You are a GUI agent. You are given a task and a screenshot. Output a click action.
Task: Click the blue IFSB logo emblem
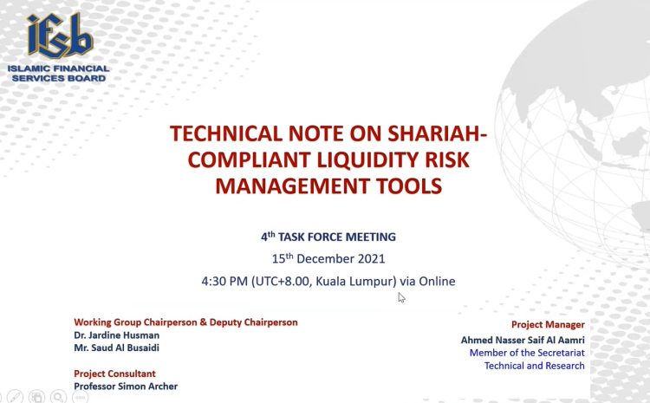(x=60, y=36)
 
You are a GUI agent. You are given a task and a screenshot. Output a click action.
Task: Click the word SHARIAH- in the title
(x=437, y=133)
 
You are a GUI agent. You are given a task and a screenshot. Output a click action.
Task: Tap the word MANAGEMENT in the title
(x=292, y=185)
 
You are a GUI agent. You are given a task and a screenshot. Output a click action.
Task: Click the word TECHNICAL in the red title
(x=225, y=133)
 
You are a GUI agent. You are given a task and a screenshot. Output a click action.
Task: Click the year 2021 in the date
(x=372, y=259)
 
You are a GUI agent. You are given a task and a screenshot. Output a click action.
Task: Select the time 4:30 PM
(x=224, y=281)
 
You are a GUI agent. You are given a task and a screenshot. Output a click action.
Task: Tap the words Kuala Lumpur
(x=354, y=281)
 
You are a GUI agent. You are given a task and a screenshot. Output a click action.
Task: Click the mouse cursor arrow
(x=401, y=297)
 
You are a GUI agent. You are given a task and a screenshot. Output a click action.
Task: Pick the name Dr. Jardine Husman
(x=116, y=335)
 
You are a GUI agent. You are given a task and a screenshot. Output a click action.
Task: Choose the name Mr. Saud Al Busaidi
(x=116, y=348)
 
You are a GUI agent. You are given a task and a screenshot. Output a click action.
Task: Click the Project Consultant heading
(x=114, y=374)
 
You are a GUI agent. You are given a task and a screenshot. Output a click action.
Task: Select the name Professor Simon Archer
(x=126, y=387)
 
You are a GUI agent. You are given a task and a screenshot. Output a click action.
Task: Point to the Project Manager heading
(x=548, y=325)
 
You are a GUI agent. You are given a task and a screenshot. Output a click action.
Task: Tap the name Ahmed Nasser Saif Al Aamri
(x=523, y=340)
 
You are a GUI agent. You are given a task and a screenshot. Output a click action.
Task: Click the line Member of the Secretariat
(x=527, y=353)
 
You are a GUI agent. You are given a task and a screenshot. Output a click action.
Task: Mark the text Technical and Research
(x=535, y=366)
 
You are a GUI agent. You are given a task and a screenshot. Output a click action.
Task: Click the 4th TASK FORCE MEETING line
(x=328, y=237)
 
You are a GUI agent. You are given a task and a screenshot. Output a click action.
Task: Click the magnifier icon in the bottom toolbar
(x=58, y=397)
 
